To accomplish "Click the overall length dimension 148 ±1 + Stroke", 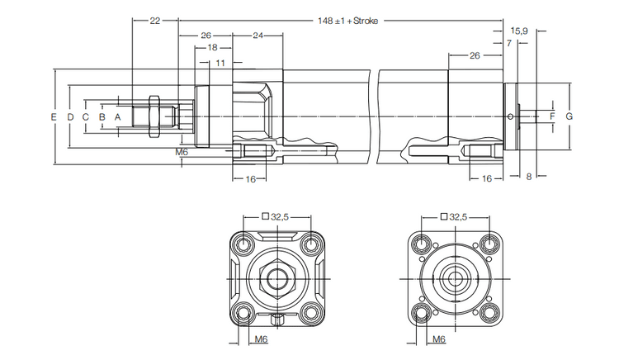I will coord(347,21).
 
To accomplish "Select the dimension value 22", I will coord(154,21).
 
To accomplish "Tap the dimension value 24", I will coord(258,36).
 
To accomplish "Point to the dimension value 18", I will coord(213,49).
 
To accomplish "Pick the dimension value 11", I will coord(220,63).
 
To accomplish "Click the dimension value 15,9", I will coord(517,30).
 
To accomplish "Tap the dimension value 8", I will coord(528,177).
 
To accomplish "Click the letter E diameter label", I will coord(53,118).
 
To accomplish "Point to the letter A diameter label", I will coord(118,118).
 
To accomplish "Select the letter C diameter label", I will coord(85,118).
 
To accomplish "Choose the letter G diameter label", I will coord(569,117).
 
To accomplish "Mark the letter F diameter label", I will coord(552,117).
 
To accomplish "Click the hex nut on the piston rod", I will coord(153,116).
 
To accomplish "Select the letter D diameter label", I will coord(69,118).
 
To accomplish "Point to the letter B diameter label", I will coord(102,118).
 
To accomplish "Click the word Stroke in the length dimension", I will coord(365,21).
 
